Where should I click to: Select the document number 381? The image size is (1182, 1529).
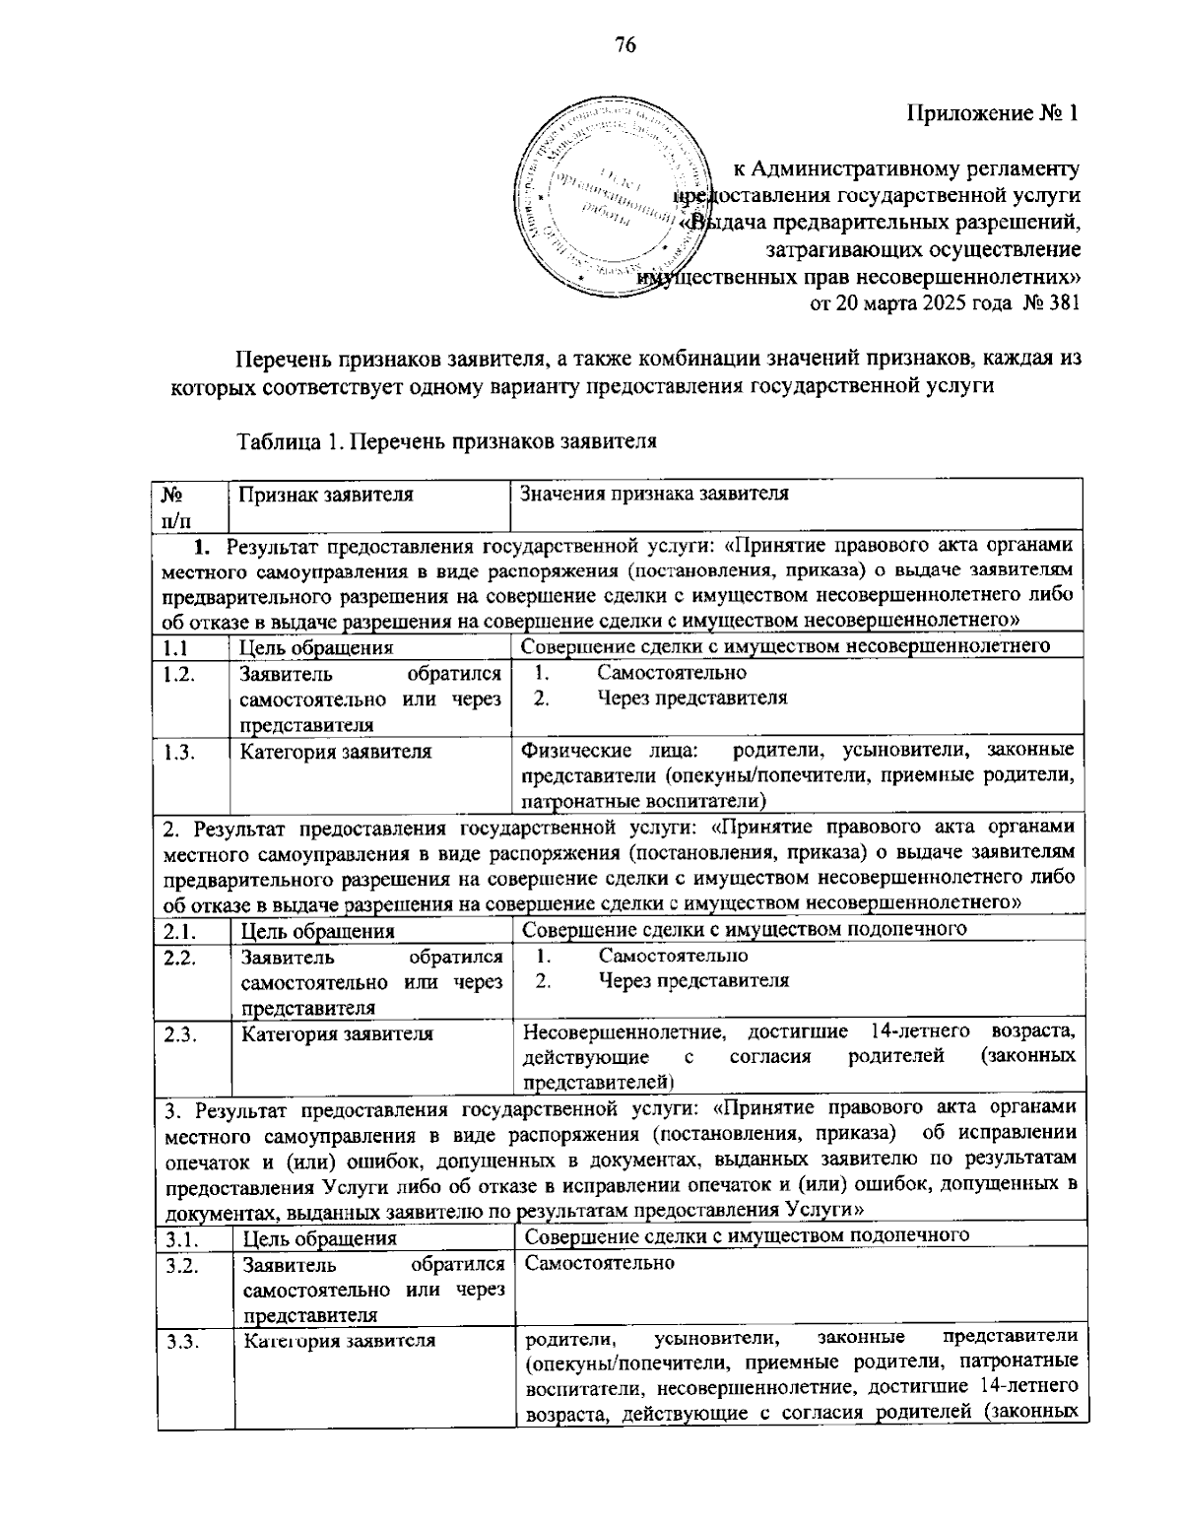(1063, 302)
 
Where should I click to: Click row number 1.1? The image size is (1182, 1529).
(176, 647)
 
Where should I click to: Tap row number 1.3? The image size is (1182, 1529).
(178, 752)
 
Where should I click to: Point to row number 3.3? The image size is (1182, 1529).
(180, 1340)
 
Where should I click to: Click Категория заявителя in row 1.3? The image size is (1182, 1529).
(336, 752)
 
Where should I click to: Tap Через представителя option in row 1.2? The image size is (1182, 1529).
(691, 698)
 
